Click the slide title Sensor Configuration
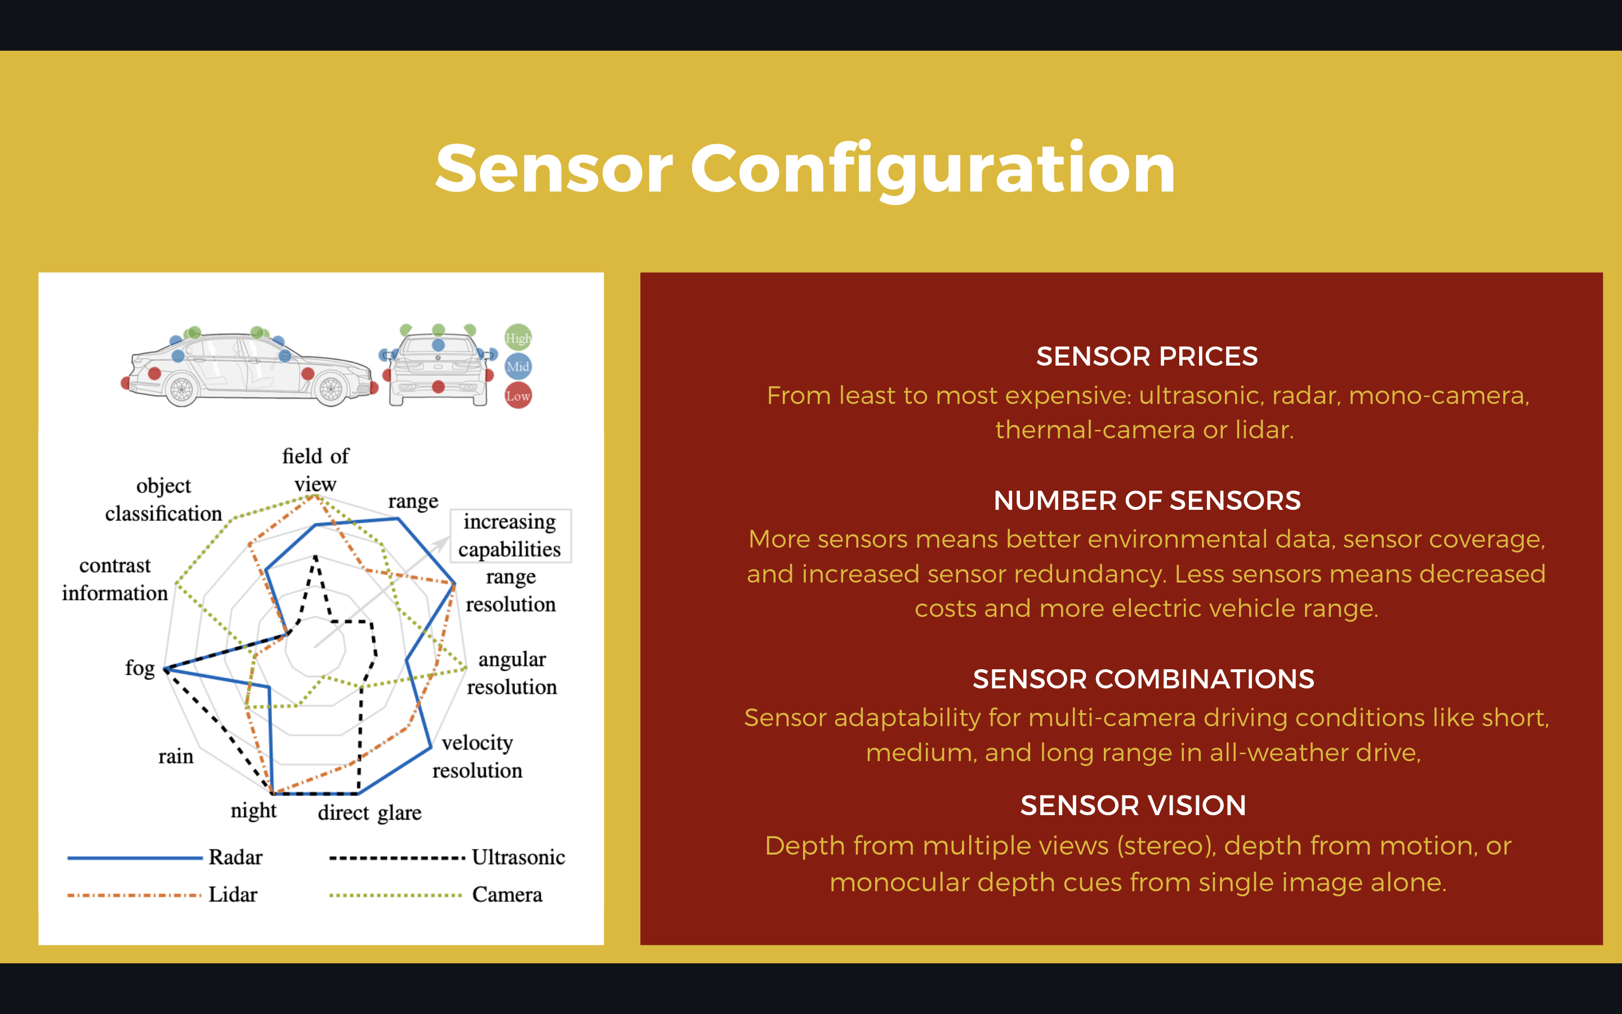(x=805, y=169)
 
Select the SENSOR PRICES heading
(x=1147, y=356)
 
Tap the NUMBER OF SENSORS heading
(x=1147, y=500)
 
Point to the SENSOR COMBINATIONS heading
(x=1143, y=679)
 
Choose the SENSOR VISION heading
(x=1133, y=806)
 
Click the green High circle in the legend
(x=518, y=338)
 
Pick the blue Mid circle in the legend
(x=518, y=367)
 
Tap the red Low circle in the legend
(x=518, y=395)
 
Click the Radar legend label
(x=235, y=857)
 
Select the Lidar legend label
(x=233, y=895)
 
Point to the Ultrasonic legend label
(x=518, y=857)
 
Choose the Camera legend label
(x=507, y=895)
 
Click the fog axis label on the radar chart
(x=140, y=668)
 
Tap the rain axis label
(x=176, y=757)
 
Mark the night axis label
(x=253, y=811)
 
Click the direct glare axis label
(x=369, y=813)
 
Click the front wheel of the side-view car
(x=331, y=389)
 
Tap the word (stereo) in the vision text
(x=1166, y=846)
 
